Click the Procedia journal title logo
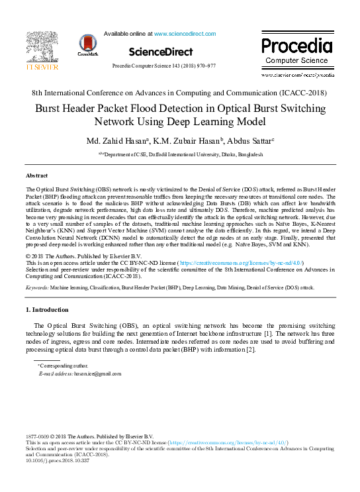click(x=296, y=46)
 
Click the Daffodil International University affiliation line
click(x=182, y=154)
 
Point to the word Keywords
click(x=37, y=288)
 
